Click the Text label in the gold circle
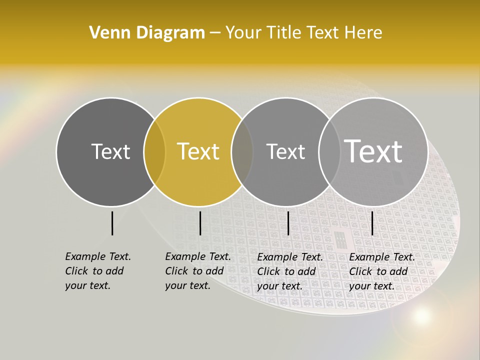(198, 151)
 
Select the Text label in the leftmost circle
(110, 151)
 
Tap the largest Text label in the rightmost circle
(373, 151)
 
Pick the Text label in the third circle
(285, 151)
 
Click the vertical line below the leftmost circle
(112, 223)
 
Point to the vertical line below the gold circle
(200, 223)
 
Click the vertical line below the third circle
(288, 223)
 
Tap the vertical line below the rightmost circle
(372, 223)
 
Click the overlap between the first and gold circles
(154, 151)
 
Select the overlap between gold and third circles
(242, 151)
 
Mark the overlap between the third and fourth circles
(328, 151)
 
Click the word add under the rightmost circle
(399, 271)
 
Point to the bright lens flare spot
(422, 315)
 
